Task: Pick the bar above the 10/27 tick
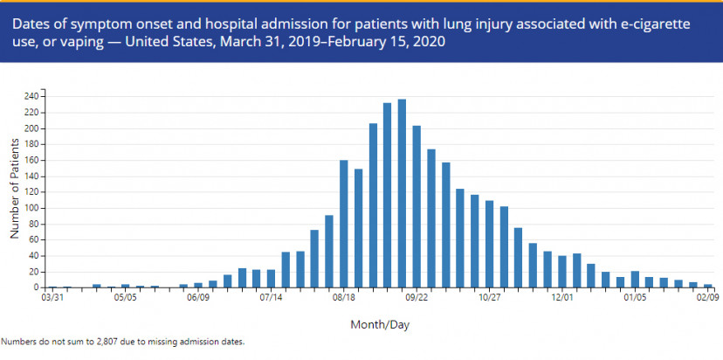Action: (489, 244)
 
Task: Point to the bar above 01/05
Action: (635, 279)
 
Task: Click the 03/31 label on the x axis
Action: (53, 298)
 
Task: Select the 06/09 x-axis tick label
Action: (198, 298)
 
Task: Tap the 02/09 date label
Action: (707, 298)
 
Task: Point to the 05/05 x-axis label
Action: (126, 298)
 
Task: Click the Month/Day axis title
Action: (380, 325)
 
